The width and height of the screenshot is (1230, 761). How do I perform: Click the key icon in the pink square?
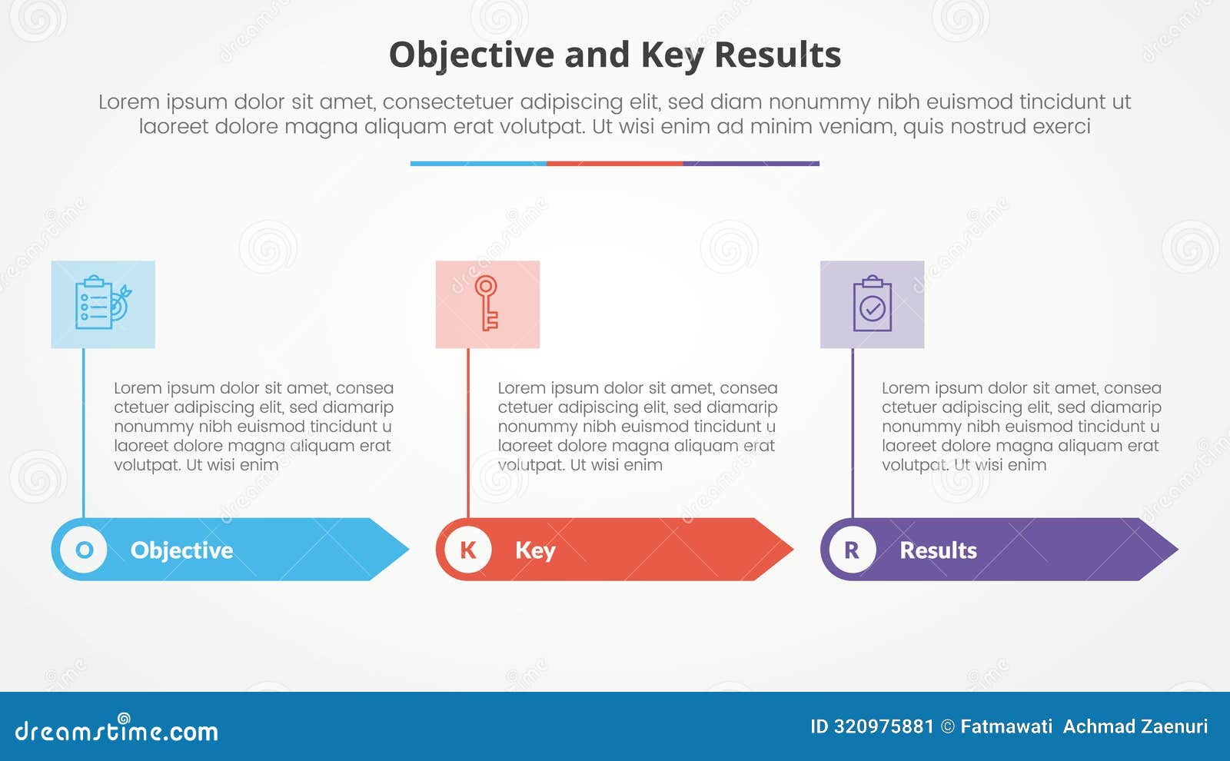tap(487, 304)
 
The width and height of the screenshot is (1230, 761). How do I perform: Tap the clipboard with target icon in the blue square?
tap(102, 304)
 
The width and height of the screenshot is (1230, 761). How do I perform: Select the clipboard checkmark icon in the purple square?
tap(872, 304)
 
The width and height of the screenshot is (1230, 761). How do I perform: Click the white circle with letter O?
tap(84, 550)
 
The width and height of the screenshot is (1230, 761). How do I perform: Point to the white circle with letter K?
tap(467, 550)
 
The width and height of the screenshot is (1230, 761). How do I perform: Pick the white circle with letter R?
tap(852, 550)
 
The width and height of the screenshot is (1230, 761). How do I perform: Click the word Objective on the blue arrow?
tap(181, 550)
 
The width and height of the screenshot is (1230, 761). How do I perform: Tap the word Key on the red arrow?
tap(535, 550)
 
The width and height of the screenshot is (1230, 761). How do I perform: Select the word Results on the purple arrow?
tap(938, 550)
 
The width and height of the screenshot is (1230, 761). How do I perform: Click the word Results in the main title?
tap(777, 55)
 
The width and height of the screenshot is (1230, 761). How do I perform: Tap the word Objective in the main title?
tap(471, 55)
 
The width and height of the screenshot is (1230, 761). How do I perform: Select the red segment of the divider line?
tap(614, 164)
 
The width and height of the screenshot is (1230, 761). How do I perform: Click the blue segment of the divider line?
tap(478, 164)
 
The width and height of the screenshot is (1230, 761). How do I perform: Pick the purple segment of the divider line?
tap(751, 164)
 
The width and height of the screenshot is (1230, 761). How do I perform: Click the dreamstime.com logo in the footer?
tap(117, 730)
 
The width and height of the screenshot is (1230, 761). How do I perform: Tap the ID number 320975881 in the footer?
tap(883, 726)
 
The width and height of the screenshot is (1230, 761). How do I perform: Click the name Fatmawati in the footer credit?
tap(1006, 726)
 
